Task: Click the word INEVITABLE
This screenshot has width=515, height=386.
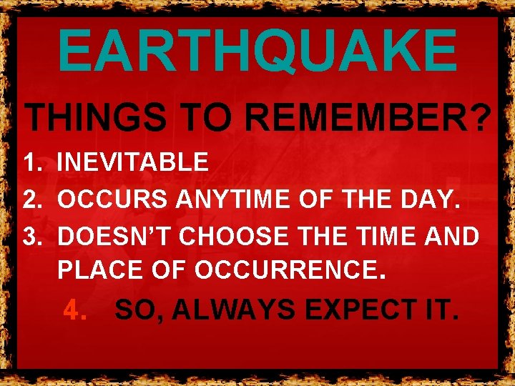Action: point(133,163)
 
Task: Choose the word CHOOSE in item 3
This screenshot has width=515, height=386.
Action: point(234,237)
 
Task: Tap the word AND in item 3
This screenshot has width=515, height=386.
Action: point(453,237)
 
